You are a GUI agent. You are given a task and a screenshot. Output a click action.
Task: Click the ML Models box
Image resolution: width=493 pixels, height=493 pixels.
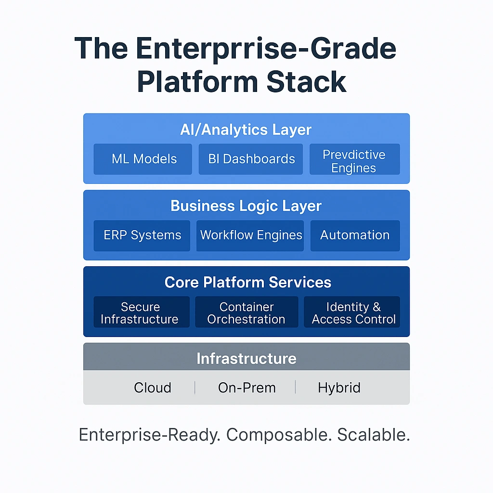pyautogui.click(x=143, y=159)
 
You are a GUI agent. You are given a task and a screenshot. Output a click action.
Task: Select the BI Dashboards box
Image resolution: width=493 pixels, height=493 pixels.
pyautogui.click(x=251, y=159)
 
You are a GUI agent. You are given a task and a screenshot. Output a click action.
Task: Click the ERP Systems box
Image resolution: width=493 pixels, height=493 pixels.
pyautogui.click(x=142, y=235)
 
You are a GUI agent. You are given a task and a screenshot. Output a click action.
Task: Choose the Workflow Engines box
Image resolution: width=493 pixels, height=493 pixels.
pyautogui.click(x=250, y=235)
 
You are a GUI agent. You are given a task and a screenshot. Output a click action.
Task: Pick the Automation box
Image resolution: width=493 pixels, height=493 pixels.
pyautogui.click(x=355, y=235)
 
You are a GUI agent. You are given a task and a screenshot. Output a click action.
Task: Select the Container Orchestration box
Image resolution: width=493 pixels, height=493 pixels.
pyautogui.click(x=246, y=312)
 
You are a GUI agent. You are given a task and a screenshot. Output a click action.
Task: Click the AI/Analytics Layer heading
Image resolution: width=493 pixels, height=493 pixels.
pyautogui.click(x=246, y=130)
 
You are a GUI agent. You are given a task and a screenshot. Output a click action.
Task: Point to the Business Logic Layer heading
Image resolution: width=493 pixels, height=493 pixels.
pyautogui.click(x=246, y=206)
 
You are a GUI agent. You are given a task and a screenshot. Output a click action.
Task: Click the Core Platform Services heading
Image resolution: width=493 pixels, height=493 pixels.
pyautogui.click(x=247, y=282)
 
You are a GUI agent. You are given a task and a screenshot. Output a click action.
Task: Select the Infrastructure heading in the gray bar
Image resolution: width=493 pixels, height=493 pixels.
pyautogui.click(x=246, y=358)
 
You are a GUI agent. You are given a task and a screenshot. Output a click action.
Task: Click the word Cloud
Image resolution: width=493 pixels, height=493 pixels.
pyautogui.click(x=152, y=388)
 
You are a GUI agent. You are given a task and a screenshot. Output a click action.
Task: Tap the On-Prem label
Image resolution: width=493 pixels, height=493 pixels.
pyautogui.click(x=246, y=388)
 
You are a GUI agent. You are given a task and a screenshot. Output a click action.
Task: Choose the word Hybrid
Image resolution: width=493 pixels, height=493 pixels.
pyautogui.click(x=339, y=388)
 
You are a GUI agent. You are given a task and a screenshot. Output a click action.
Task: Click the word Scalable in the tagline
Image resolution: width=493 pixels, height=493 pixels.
pyautogui.click(x=373, y=435)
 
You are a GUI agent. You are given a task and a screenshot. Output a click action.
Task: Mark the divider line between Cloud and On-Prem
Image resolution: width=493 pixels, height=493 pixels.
pyautogui.click(x=195, y=388)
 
